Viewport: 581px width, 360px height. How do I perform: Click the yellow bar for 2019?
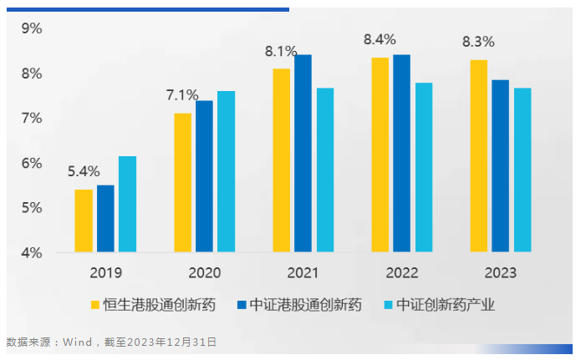pos(84,221)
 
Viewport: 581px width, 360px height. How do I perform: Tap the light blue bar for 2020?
pos(226,171)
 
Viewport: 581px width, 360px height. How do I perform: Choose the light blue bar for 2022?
pos(424,167)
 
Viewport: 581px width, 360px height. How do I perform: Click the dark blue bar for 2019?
pos(105,218)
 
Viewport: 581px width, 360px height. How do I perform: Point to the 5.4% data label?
pos(84,174)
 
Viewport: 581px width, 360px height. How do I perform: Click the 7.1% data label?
pos(182,95)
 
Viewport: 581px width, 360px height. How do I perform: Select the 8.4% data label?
pos(380,40)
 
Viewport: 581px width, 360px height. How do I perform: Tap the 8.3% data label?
pos(478,41)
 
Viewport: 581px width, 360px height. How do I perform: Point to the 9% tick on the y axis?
pos(32,29)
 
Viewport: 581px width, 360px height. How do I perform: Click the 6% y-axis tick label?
pos(32,163)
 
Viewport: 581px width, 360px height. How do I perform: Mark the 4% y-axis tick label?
pos(32,252)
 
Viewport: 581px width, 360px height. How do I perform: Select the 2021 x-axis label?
pos(303,273)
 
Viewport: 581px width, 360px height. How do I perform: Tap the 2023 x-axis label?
pos(500,273)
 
